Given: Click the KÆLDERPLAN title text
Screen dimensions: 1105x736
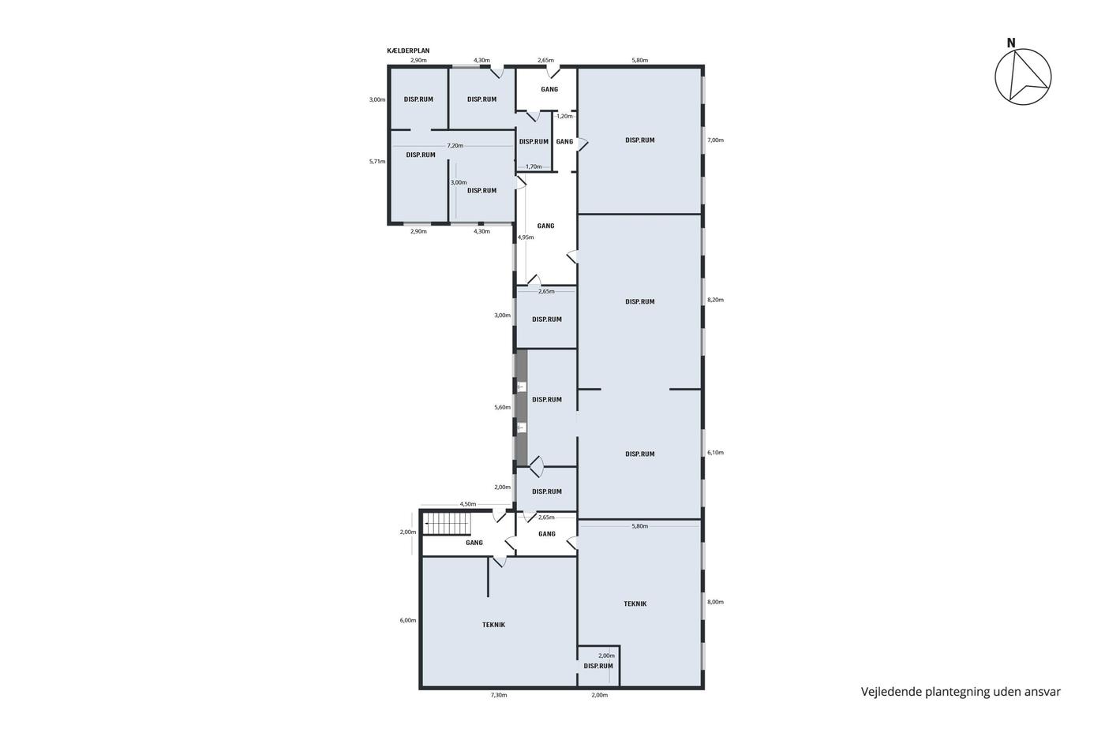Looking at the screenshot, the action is click(408, 50).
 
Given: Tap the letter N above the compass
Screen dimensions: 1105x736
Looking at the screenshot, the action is click(1011, 43).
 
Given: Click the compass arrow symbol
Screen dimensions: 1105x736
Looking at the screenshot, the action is click(1023, 77).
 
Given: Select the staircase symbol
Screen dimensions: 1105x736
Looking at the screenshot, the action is click(448, 524).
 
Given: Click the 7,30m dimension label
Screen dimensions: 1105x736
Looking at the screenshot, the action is click(499, 695).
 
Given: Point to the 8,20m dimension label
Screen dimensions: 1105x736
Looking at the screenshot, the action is click(715, 300).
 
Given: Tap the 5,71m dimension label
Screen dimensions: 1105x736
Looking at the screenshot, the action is click(377, 161).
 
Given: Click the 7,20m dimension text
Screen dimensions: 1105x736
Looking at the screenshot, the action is click(455, 146).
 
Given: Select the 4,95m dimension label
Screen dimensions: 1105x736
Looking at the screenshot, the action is click(526, 237).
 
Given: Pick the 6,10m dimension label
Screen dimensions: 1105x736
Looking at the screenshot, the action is click(715, 453).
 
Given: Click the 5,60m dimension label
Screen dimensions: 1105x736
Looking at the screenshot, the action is click(502, 407).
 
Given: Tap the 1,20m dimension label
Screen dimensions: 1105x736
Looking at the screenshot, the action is click(565, 116).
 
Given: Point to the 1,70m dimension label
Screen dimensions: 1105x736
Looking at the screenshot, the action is click(534, 166).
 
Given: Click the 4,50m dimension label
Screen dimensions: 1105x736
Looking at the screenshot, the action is click(467, 504).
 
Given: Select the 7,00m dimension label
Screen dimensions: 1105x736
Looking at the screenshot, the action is click(715, 140).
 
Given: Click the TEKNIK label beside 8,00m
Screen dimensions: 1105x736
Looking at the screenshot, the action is click(635, 604).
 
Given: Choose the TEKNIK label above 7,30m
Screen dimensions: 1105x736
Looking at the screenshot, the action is click(494, 625).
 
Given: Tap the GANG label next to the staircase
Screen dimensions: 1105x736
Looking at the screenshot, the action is click(474, 543).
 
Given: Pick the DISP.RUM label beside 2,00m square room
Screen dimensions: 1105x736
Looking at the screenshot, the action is click(598, 666).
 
